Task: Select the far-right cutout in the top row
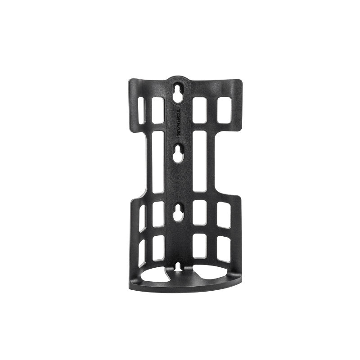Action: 223,110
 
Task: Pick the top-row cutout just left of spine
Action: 158,110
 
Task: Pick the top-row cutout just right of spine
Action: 199,110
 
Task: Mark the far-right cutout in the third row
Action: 223,214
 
